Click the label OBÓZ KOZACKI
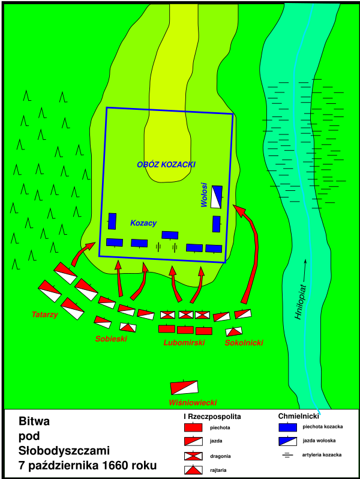[166, 164]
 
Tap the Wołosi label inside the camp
[204, 195]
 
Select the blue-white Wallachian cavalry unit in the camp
[217, 197]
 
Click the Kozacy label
[143, 223]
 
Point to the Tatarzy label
[44, 315]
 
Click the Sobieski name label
[111, 339]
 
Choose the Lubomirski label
[184, 343]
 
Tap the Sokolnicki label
[244, 343]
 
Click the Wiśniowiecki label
[193, 403]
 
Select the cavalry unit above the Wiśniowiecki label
[184, 387]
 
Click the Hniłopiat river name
[300, 303]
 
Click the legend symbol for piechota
[193, 427]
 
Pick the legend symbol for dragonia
[193, 456]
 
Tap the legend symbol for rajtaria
[193, 470]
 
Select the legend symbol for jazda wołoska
[287, 441]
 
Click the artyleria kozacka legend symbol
[287, 455]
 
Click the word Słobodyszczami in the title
[64, 451]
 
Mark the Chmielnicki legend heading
[299, 416]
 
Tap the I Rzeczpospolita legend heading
[212, 417]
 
